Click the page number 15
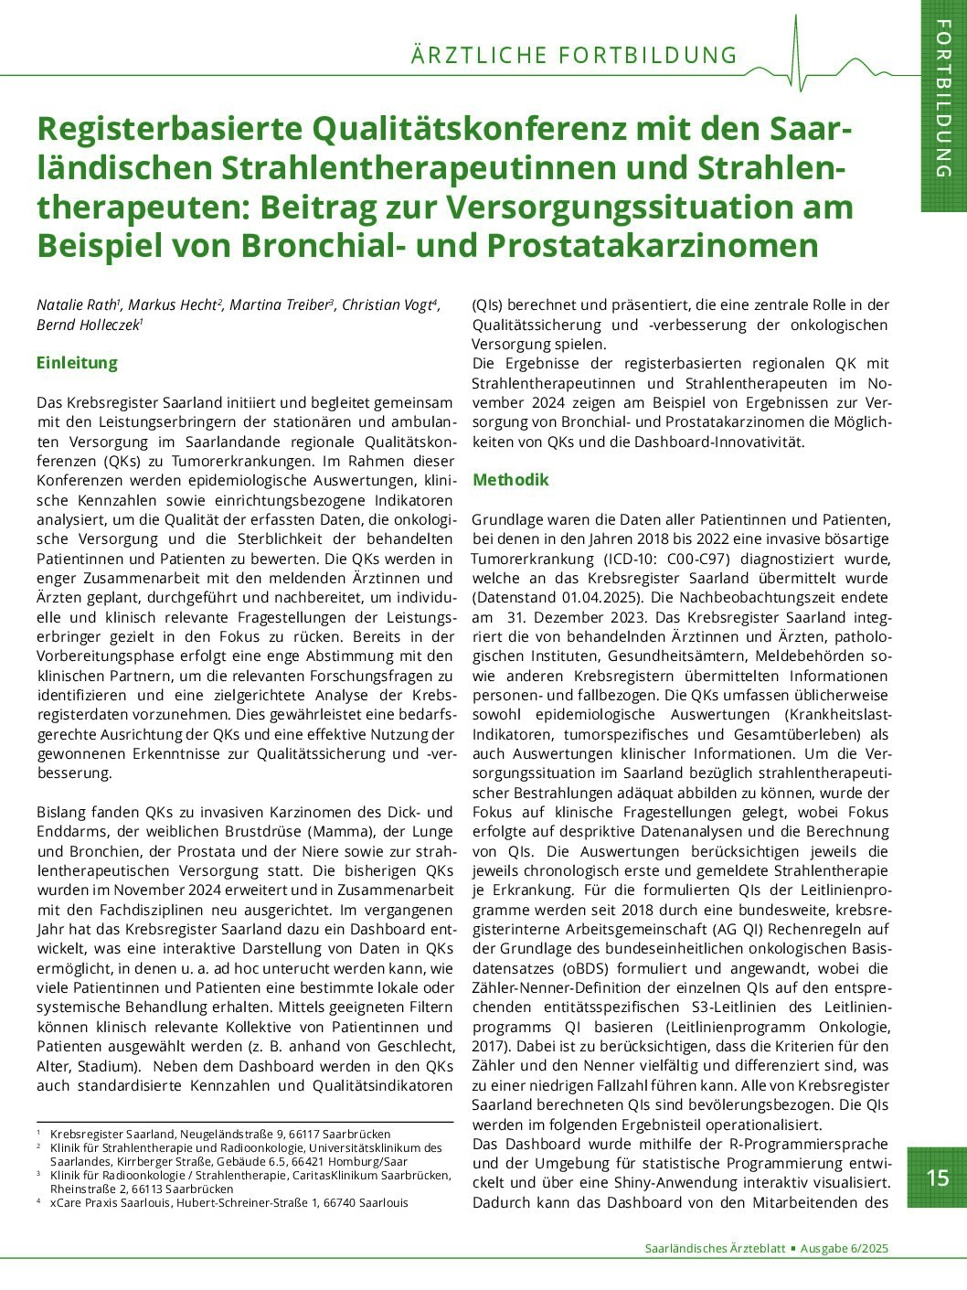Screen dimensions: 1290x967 [938, 1178]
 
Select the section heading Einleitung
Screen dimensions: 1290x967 [77, 363]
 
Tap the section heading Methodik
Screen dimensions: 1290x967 [511, 480]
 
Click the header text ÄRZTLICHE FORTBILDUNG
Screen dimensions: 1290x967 [574, 56]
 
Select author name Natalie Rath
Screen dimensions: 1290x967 [77, 305]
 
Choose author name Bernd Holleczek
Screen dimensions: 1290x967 [87, 325]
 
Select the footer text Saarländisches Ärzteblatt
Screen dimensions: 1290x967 [715, 1249]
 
